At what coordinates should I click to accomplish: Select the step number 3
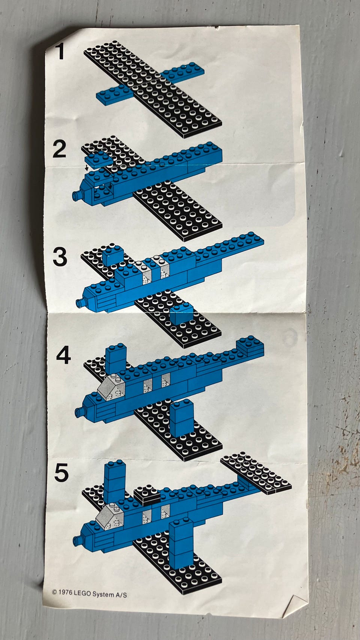tap(60, 256)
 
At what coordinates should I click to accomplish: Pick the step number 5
tap(61, 472)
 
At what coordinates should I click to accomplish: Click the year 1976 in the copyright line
tap(65, 592)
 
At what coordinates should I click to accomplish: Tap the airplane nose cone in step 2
tap(76, 195)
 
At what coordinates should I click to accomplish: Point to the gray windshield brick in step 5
tap(109, 516)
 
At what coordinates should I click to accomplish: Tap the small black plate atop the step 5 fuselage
tap(147, 495)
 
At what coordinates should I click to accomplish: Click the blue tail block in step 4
tap(250, 347)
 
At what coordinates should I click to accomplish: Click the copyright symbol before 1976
tap(54, 592)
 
